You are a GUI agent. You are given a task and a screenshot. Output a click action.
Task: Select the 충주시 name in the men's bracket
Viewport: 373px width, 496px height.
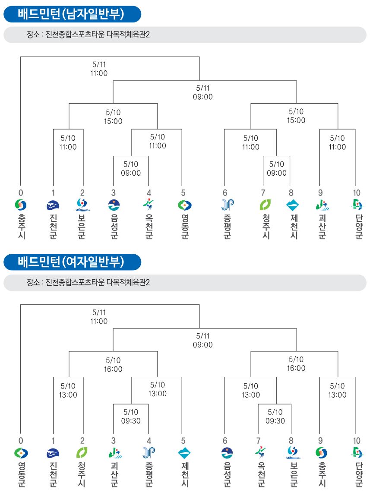pos(21,227)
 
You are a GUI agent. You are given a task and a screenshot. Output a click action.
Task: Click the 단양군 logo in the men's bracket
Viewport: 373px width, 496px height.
pos(357,205)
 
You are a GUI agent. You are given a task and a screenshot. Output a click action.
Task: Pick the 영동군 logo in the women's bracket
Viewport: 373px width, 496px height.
pos(21,453)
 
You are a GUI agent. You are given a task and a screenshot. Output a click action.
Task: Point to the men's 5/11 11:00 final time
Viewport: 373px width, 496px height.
pos(99,69)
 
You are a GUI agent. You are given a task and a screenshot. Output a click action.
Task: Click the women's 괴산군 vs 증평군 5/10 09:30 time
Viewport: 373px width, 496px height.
pos(131,416)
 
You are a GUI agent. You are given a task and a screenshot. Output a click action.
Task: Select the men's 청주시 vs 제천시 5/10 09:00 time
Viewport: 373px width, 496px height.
pos(276,169)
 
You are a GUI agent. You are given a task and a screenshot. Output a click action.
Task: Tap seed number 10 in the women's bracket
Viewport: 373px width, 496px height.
pos(357,441)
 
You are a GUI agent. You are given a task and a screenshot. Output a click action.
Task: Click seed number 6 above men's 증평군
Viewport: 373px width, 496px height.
pos(225,193)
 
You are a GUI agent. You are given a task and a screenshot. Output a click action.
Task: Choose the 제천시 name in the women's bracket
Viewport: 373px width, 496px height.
pos(185,474)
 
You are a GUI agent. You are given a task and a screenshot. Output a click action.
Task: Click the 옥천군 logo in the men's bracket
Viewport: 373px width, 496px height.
pos(149,205)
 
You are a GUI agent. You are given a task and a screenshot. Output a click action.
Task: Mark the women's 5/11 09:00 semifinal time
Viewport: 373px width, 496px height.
pos(203,340)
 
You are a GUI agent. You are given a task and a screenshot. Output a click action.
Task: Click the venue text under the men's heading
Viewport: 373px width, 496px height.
pos(88,35)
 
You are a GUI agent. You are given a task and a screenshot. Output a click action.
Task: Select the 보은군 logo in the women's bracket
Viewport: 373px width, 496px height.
pos(294,453)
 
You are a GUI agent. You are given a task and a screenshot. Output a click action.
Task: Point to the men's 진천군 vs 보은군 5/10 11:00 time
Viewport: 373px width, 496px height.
pos(68,142)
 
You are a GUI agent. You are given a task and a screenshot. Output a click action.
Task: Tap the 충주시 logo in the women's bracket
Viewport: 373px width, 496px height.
pos(322,453)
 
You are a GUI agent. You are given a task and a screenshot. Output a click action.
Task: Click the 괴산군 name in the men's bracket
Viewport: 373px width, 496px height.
pos(322,227)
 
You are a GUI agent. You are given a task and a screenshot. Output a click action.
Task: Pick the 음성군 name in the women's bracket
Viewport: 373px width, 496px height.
pos(227,474)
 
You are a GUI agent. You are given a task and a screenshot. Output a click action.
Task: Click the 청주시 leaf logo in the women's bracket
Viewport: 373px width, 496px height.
pos(82,453)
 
